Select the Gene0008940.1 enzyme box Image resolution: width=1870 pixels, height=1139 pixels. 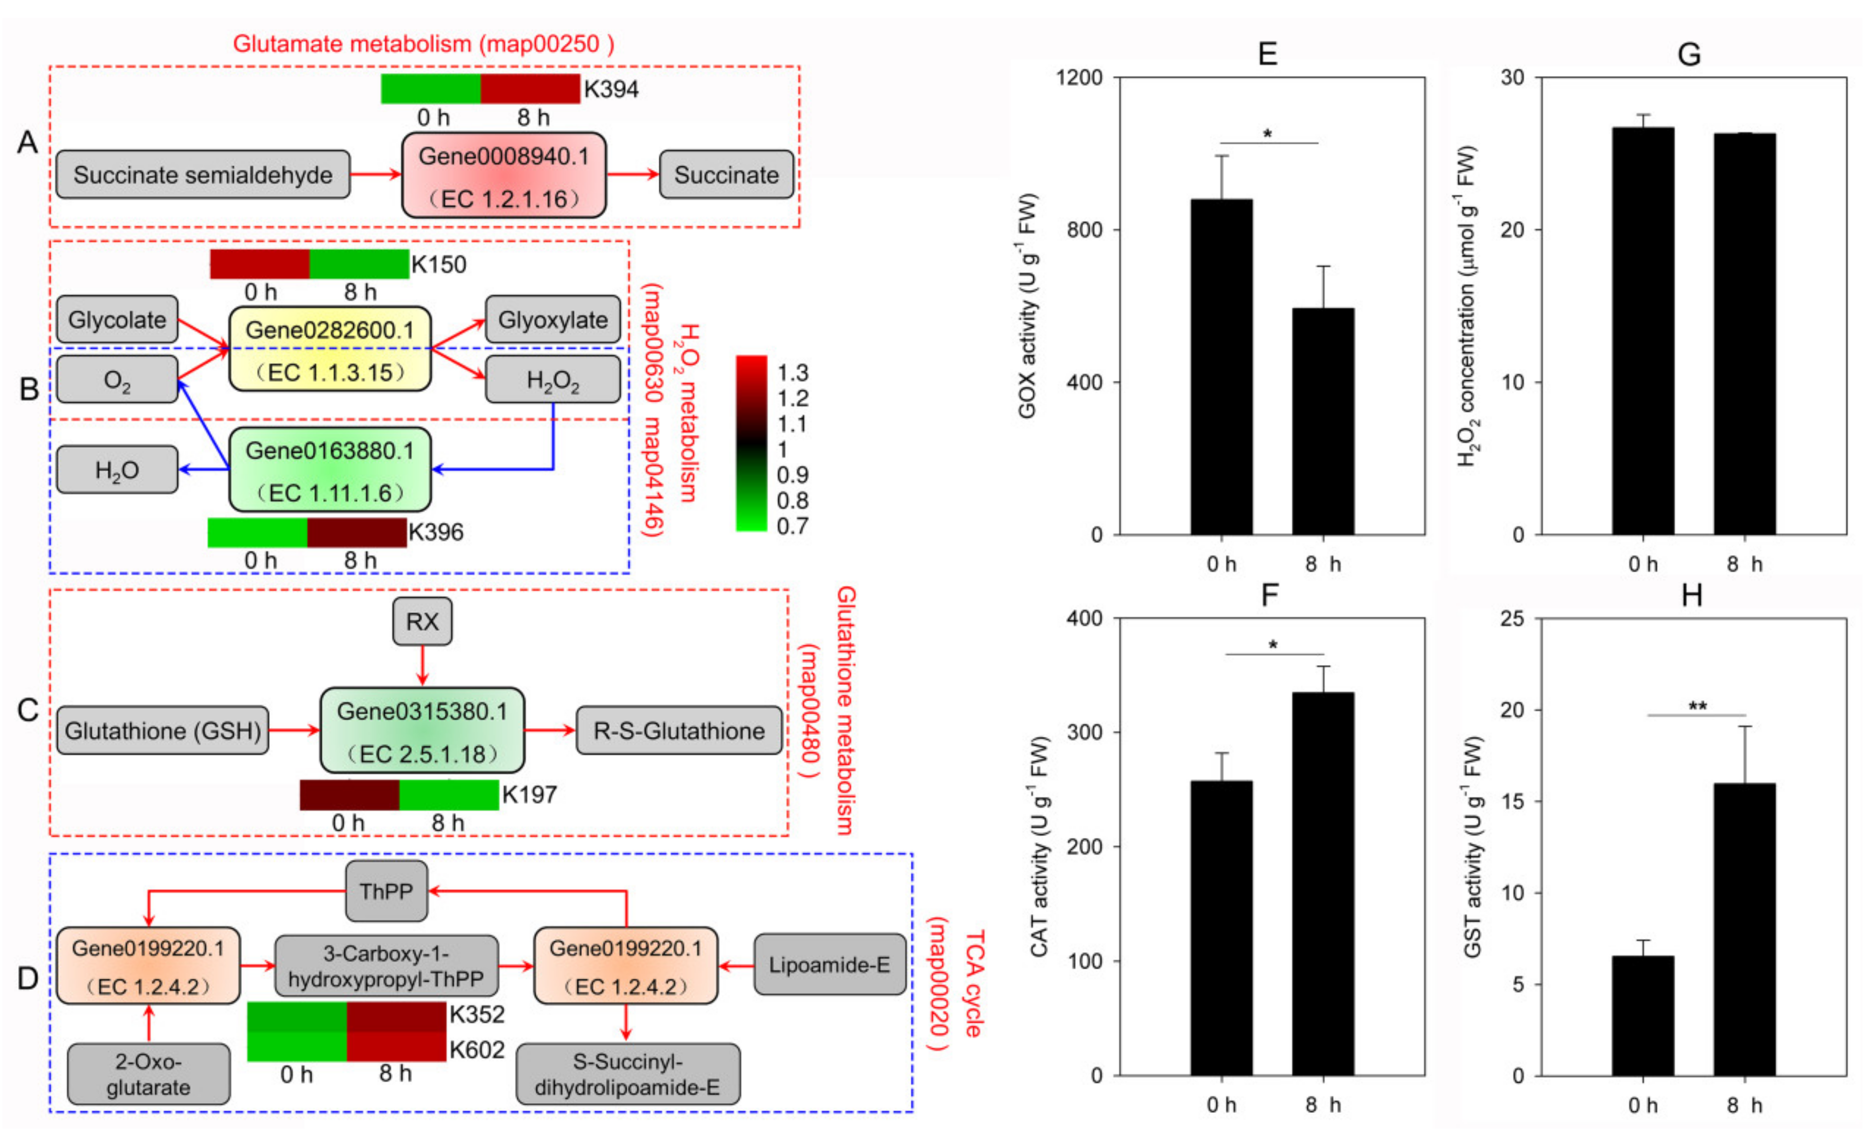tap(503, 175)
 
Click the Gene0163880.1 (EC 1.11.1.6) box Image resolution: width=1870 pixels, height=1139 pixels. tap(330, 471)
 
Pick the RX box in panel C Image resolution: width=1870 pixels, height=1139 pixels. tap(422, 622)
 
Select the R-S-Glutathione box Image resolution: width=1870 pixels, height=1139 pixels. tap(679, 731)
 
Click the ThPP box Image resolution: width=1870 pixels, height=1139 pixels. tap(386, 891)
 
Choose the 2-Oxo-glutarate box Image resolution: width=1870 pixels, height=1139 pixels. tap(148, 1074)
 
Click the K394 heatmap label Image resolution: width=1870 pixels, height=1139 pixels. tap(611, 89)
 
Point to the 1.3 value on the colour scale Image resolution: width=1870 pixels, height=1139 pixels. tap(792, 372)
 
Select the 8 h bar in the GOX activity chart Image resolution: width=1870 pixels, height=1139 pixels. tap(1323, 421)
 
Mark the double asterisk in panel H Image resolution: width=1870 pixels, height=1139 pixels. tap(1698, 707)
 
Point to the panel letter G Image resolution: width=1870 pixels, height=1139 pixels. tap(1689, 55)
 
